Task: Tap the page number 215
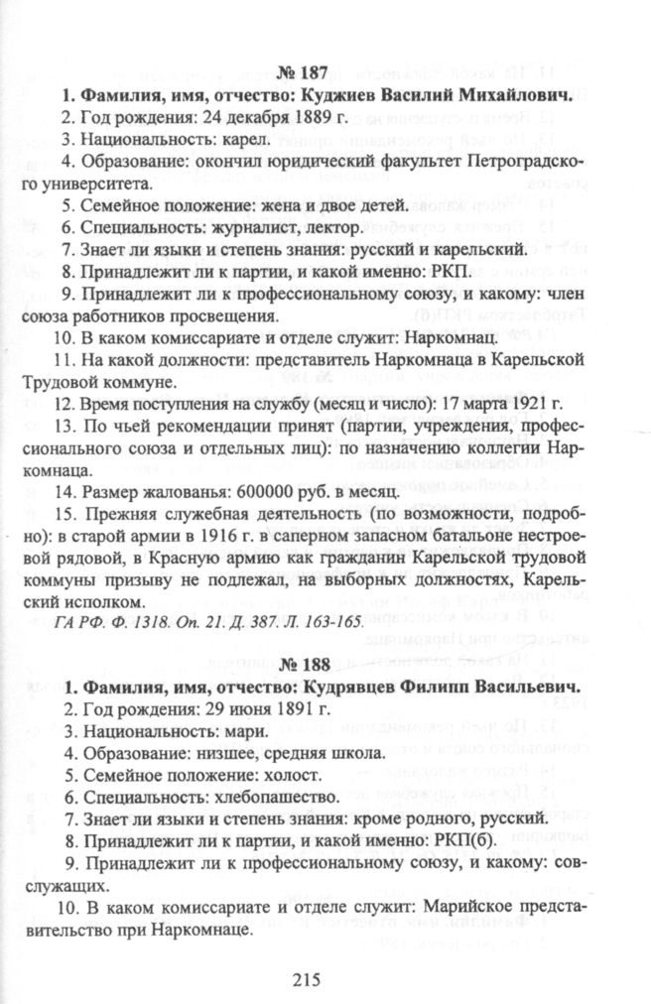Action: point(309,979)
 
